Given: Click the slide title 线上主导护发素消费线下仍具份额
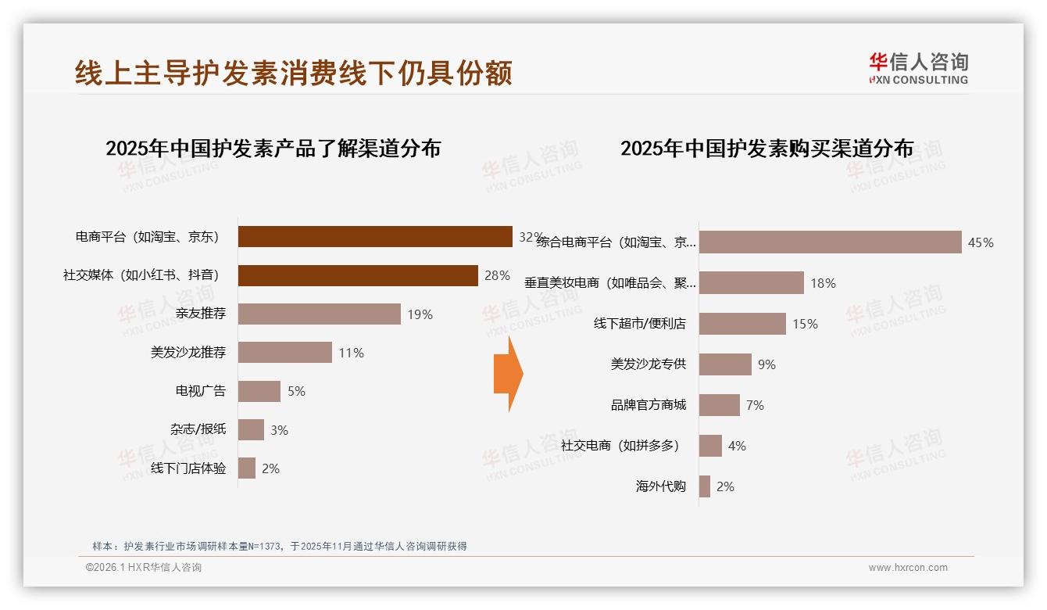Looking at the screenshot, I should [294, 73].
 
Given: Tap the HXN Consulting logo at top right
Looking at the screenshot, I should [918, 68].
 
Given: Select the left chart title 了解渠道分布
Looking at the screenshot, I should [273, 148].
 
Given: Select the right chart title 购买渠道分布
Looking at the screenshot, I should [766, 148].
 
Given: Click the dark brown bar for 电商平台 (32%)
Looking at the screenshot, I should [375, 236].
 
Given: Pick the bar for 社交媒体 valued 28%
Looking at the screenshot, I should [358, 275].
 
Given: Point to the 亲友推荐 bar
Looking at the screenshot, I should [319, 314].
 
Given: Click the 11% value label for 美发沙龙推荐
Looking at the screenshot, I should [351, 353].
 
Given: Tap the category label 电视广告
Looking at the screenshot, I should [200, 391].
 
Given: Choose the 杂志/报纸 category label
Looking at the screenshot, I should [198, 429].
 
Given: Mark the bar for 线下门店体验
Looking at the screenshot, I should [247, 468].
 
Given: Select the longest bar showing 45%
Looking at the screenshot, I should [830, 242].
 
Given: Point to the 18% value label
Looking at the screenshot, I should [823, 283].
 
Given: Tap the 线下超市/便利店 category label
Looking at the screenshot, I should [639, 324].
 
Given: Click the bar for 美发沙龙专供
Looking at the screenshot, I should [725, 364].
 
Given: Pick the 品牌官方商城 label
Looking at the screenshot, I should [648, 405].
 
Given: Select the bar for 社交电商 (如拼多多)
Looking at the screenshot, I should [710, 446].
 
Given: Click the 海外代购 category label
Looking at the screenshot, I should [660, 486].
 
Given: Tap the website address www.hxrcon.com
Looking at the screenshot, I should [907, 568].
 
